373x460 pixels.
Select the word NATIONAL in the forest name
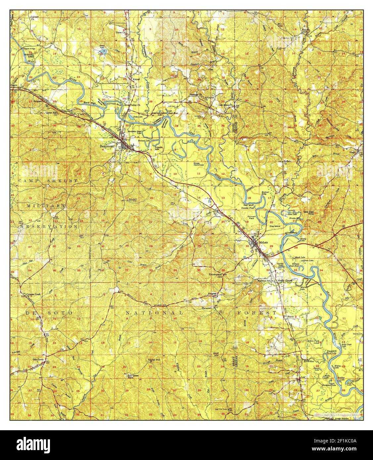(154, 312)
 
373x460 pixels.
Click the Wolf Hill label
(216, 354)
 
